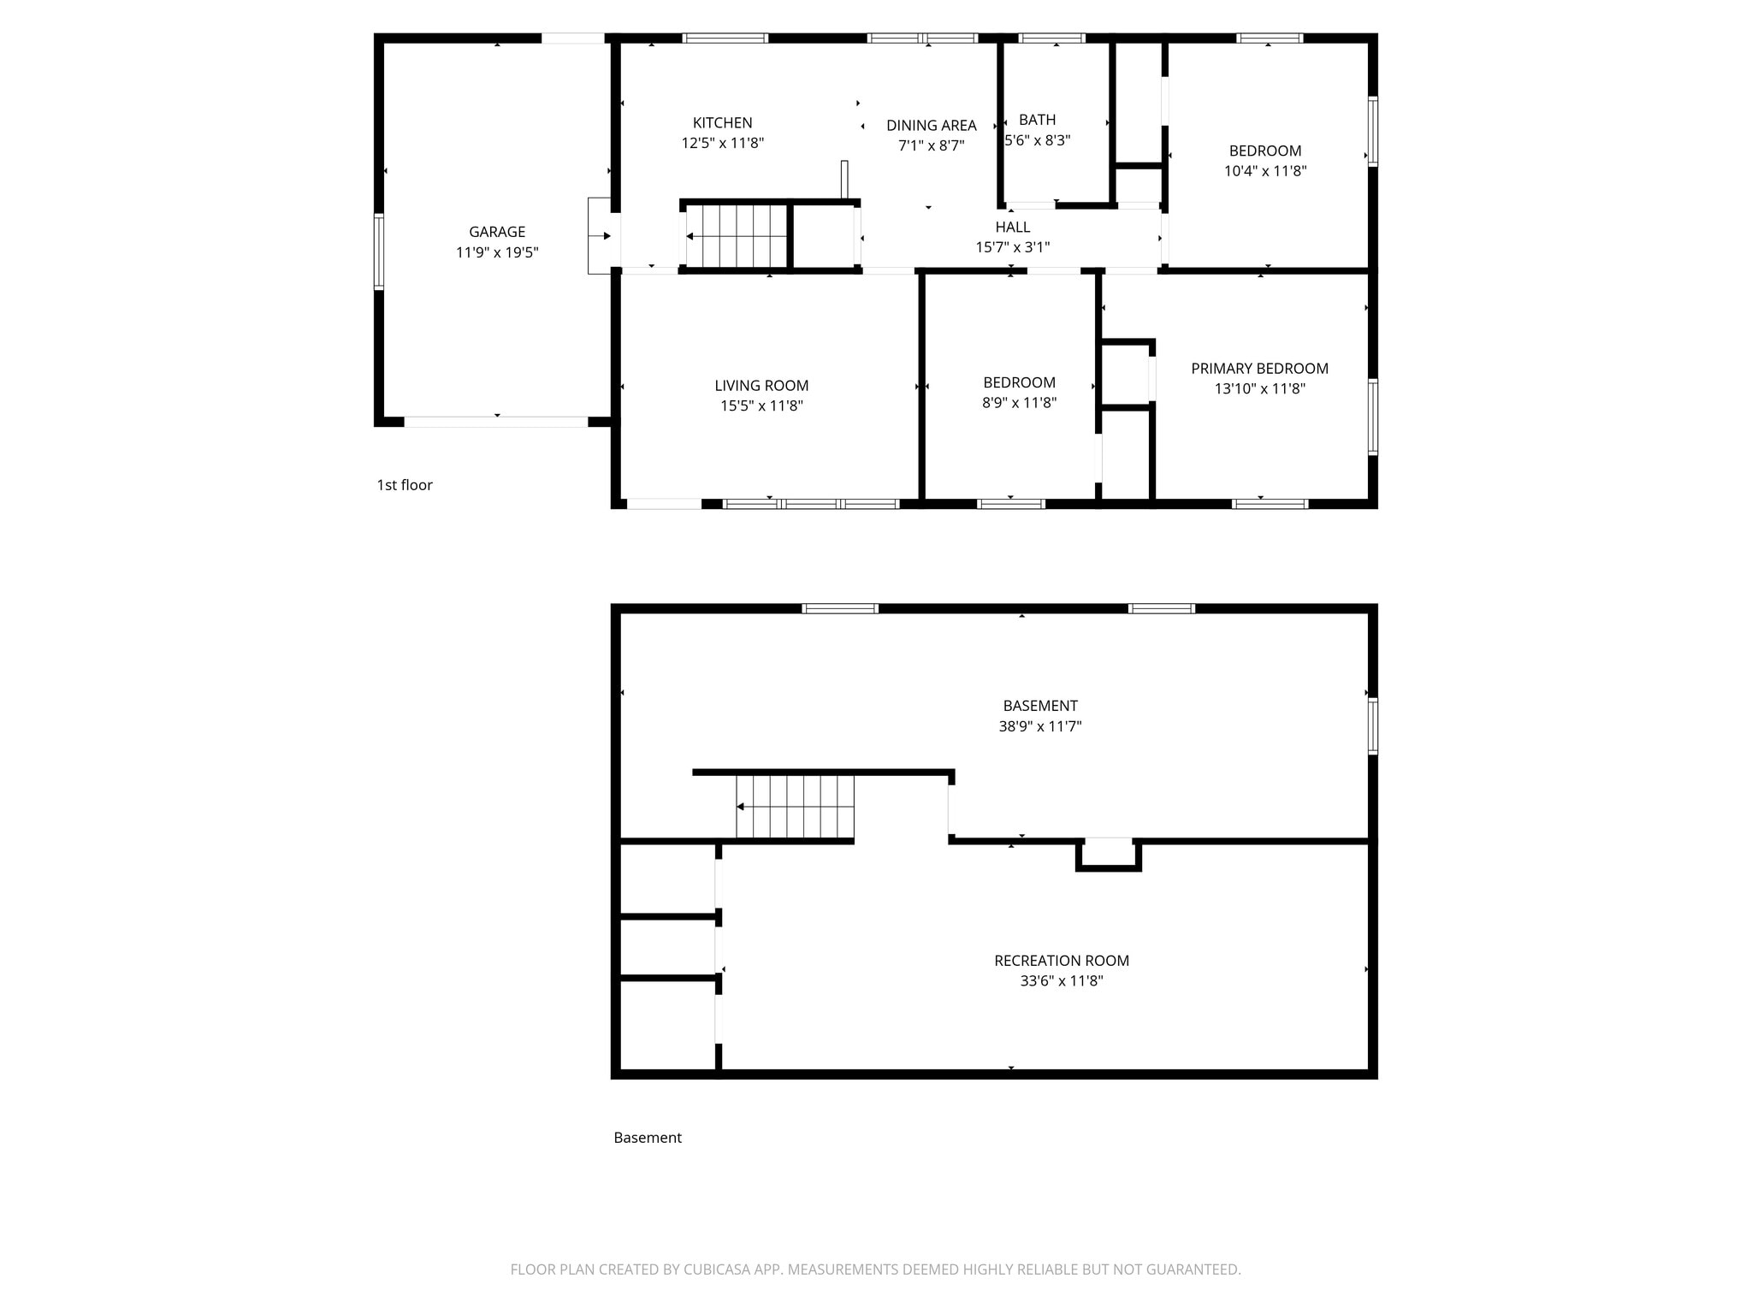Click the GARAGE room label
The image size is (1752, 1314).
(496, 232)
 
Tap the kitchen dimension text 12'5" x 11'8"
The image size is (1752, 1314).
(722, 143)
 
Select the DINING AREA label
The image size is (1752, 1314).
(931, 126)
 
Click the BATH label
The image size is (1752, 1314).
(1037, 120)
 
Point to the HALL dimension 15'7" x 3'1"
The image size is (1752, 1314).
(1012, 247)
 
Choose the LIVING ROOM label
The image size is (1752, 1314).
(761, 386)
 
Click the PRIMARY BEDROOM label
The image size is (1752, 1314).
(1259, 369)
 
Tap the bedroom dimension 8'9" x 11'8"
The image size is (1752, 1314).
(1019, 402)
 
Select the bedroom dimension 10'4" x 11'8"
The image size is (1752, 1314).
(1264, 170)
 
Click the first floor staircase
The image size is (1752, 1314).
(737, 236)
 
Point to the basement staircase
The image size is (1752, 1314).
(795, 807)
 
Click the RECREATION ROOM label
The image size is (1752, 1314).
(1061, 961)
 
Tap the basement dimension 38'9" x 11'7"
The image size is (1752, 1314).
(1039, 726)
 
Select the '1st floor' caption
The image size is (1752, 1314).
(405, 485)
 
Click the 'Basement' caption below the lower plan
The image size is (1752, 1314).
(647, 1138)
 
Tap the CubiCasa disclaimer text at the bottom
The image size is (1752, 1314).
(875, 1270)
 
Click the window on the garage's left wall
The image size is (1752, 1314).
(378, 252)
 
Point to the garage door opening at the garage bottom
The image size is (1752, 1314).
(496, 422)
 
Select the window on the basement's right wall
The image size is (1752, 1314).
(1372, 725)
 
